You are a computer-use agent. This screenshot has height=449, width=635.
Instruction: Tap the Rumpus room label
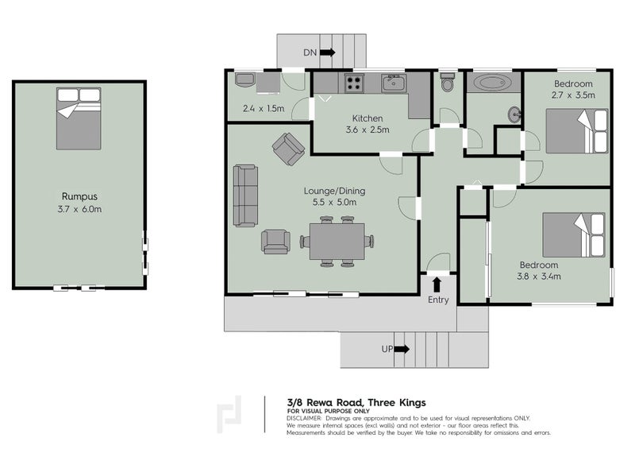(x=79, y=195)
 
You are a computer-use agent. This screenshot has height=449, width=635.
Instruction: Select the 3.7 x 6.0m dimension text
(x=79, y=209)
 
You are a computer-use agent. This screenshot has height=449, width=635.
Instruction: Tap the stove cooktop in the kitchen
(x=352, y=82)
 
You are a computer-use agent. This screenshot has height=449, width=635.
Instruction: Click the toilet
(x=448, y=83)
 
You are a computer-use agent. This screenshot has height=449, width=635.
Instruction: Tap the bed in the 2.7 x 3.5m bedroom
(x=578, y=131)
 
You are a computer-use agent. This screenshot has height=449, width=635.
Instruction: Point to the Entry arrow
(x=436, y=284)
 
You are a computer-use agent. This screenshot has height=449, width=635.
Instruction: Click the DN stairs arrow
(x=326, y=53)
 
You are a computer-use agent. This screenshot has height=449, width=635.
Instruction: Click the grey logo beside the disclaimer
(x=233, y=416)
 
